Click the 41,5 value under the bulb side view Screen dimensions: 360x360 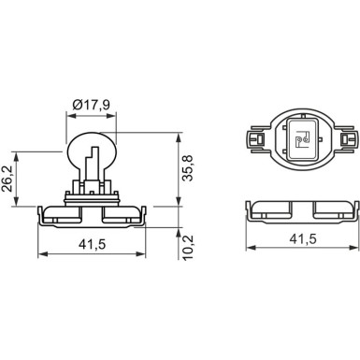click(x=91, y=244)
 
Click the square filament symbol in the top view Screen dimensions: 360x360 click(x=300, y=141)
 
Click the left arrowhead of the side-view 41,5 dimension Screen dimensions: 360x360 click(x=40, y=255)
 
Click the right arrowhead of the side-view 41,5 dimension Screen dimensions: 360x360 click(x=143, y=255)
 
